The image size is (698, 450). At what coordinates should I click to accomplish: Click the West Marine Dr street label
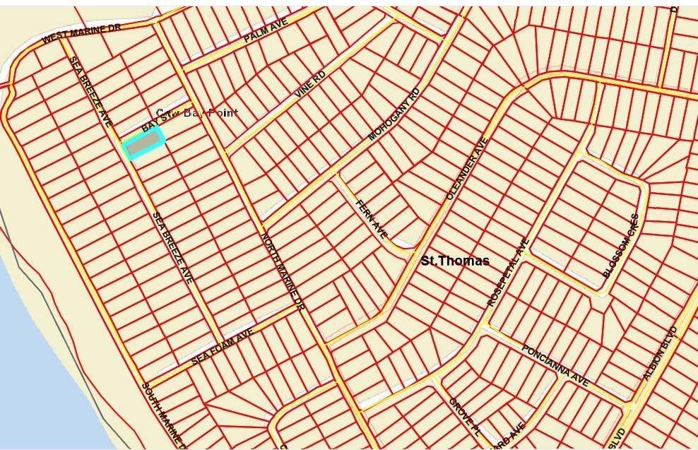[82, 33]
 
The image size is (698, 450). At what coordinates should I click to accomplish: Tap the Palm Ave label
[266, 32]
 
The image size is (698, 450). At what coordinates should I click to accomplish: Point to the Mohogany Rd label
[394, 114]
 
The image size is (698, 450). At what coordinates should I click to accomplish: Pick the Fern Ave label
[372, 219]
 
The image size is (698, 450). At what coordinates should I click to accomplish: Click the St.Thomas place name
[455, 261]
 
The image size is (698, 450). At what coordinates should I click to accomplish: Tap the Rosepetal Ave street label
[508, 272]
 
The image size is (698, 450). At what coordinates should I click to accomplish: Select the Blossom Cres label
[621, 246]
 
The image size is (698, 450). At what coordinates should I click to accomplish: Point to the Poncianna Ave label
[555, 365]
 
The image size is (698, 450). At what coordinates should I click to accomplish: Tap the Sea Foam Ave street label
[222, 347]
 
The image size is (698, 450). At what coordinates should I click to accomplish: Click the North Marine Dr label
[282, 272]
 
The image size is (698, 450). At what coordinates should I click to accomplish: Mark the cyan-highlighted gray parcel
[144, 144]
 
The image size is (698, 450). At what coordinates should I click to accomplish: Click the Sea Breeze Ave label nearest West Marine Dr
[90, 91]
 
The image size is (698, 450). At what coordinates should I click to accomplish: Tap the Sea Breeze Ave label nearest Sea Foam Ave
[173, 248]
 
